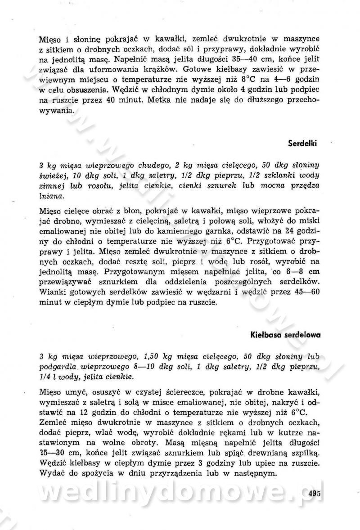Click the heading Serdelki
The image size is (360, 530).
pos(302,144)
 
